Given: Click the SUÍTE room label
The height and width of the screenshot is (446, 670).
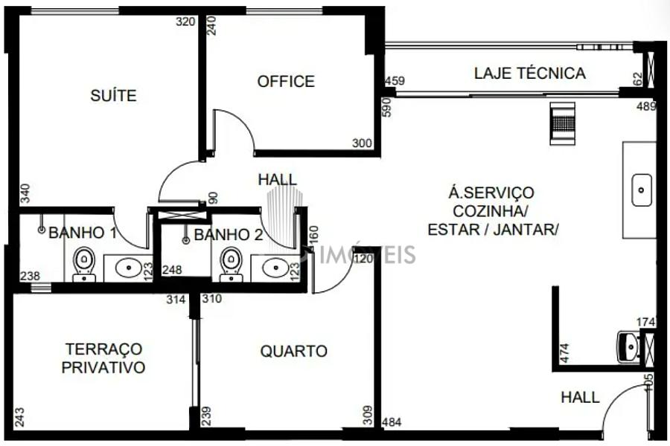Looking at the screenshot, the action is pos(113,95).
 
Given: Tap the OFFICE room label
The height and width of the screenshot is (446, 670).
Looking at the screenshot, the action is pos(286,81).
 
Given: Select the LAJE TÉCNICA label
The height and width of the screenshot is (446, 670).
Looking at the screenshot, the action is pos(530,73).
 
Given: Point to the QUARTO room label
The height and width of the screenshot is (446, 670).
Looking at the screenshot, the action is pos(293,352).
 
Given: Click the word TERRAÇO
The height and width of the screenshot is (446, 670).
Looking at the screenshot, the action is pos(103,349).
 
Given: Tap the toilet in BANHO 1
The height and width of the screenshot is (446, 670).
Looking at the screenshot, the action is pos(84,265).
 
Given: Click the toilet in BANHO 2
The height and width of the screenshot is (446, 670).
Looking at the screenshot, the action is pos(232,265).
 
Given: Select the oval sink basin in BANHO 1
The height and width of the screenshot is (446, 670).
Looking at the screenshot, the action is pos(129,268).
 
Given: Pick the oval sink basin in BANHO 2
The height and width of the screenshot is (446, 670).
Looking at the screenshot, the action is pos(276,268).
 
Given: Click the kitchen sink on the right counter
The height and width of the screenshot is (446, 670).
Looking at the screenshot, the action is pos(642,190).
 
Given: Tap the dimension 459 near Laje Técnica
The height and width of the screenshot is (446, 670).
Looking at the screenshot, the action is pos(395,80).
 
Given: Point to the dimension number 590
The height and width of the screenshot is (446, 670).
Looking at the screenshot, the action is pos(386,107).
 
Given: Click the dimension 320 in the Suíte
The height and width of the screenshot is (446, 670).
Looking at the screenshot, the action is pos(185,22).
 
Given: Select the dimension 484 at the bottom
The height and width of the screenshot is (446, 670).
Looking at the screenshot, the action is pos(392,422).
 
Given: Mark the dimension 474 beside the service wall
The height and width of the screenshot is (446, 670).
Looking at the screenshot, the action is pos(564,353).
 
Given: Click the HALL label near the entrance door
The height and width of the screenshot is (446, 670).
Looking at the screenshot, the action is pos(580,398).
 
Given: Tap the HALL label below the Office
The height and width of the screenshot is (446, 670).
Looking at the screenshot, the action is pos(278,180).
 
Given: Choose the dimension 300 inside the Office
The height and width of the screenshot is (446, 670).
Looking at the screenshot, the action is pos(362,143).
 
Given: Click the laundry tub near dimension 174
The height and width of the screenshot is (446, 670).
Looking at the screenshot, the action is pos(628,347).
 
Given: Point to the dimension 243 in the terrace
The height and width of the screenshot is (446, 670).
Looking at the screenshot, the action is pos(19,418).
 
